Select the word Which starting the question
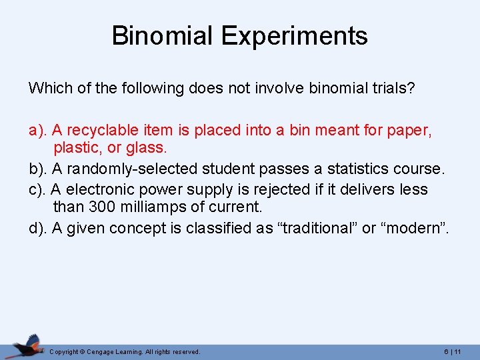[x=48, y=88]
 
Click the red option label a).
[x=37, y=130]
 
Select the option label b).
[x=37, y=169]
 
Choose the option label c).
[x=37, y=189]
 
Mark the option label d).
[x=37, y=228]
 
